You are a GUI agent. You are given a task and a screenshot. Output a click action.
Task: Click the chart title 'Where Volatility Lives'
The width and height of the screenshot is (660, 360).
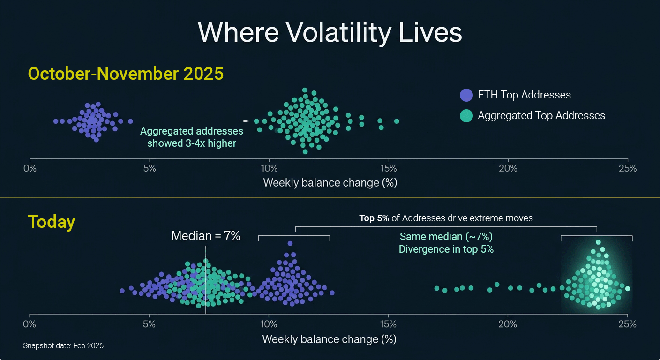coord(330,33)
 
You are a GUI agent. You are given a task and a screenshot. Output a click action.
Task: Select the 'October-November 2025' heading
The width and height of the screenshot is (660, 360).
coord(126,74)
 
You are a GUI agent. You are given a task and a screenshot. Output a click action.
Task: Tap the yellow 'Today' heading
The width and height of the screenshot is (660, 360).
coord(52,222)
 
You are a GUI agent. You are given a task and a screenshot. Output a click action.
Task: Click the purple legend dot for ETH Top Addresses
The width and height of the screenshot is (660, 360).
coord(466,95)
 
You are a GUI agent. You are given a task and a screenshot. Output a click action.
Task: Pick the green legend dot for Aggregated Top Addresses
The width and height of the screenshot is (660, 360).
coord(466,116)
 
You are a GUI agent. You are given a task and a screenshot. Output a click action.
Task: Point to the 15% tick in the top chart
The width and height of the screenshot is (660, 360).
coord(388,168)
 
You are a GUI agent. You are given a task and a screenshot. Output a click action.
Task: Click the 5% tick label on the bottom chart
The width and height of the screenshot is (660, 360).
coord(149,324)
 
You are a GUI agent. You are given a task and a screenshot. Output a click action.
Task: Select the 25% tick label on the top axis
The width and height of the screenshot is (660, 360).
coord(627,168)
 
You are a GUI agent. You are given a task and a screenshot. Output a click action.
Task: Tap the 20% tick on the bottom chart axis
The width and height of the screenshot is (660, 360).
coord(508,324)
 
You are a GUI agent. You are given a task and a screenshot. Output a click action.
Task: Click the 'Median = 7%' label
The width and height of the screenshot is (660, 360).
coord(206,236)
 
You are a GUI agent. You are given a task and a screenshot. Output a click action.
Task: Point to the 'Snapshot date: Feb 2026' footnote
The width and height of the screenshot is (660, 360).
coord(63,346)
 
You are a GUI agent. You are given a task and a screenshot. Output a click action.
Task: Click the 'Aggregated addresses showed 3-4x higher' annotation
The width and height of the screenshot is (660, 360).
coord(192,137)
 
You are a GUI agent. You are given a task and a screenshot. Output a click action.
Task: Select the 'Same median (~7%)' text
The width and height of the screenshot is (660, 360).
coord(446,236)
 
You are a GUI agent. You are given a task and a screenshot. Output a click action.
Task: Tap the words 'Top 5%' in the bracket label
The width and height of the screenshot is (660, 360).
coord(374,218)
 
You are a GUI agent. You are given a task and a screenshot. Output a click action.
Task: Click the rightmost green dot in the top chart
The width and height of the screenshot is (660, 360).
coord(397,121)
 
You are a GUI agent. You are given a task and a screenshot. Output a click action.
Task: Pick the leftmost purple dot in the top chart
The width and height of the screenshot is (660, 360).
coord(56,121)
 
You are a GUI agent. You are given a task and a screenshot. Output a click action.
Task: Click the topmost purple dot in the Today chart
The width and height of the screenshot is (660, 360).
coord(290,243)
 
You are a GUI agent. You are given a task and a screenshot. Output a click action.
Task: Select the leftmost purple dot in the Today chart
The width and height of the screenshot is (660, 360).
coord(122,291)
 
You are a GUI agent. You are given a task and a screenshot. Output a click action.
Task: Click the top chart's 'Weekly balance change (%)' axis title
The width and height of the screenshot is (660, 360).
coord(330,182)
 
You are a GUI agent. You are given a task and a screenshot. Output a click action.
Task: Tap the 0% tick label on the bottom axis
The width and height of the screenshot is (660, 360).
coord(30,324)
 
